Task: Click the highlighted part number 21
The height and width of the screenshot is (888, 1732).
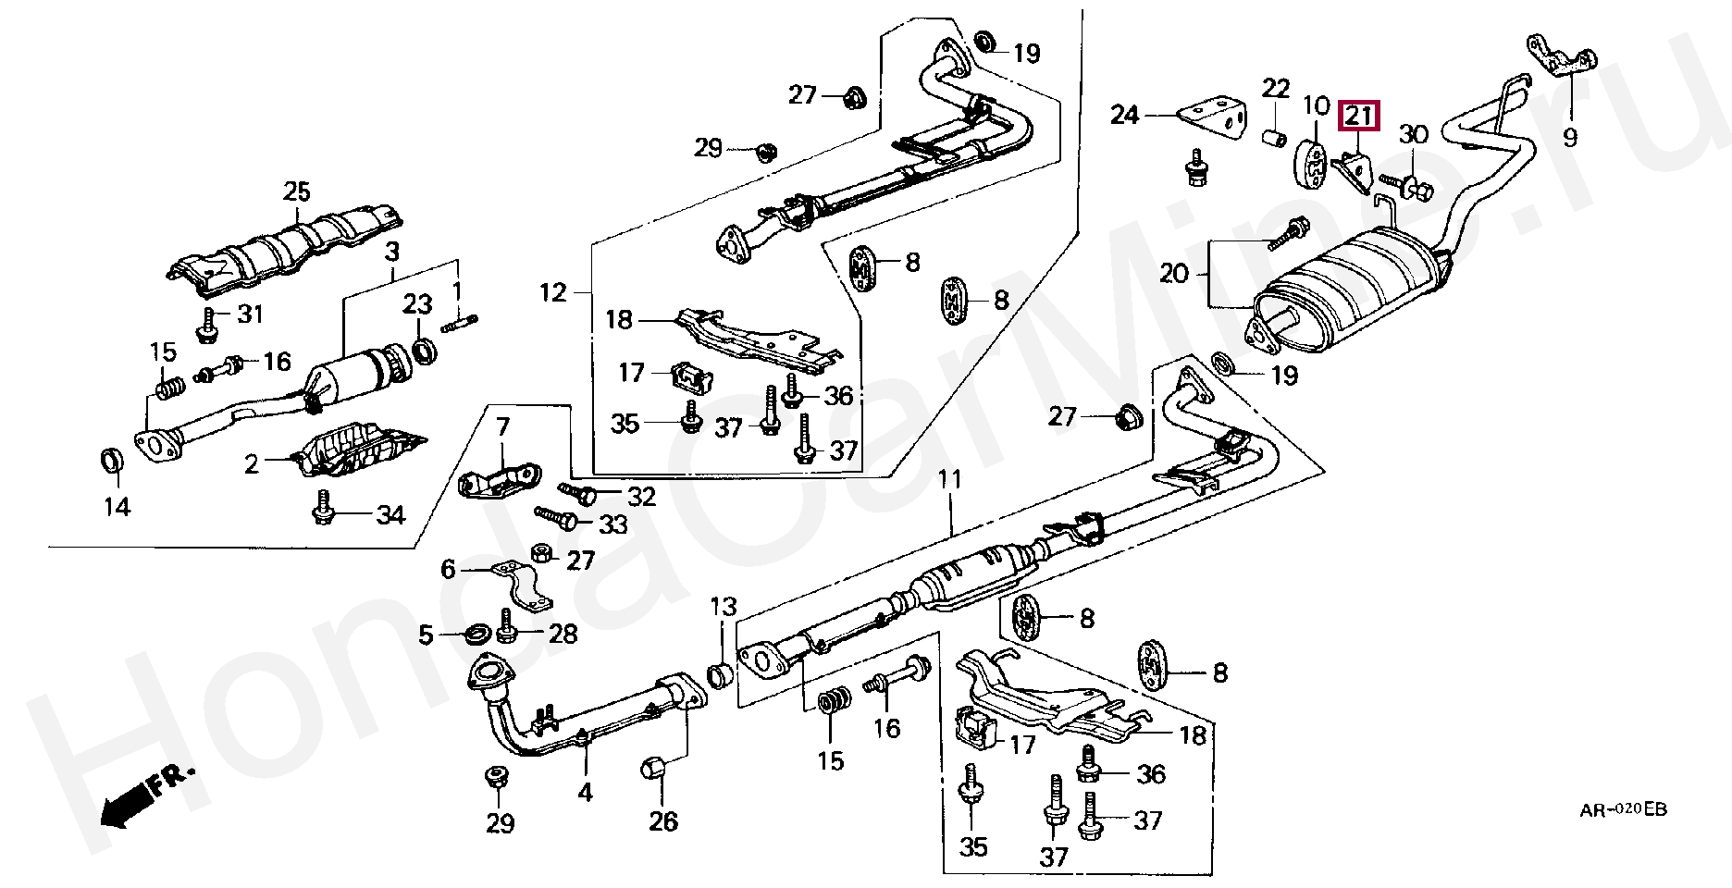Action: pyautogui.click(x=1359, y=116)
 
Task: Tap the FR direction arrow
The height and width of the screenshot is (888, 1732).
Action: pyautogui.click(x=147, y=795)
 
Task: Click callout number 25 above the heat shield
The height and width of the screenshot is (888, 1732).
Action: pyautogui.click(x=297, y=191)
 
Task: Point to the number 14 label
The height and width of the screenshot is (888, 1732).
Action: pyautogui.click(x=117, y=506)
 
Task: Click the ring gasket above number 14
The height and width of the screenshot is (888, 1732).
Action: pyautogui.click(x=111, y=459)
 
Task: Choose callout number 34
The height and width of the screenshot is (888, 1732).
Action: pyautogui.click(x=390, y=515)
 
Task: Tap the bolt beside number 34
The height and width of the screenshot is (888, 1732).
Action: pyautogui.click(x=324, y=509)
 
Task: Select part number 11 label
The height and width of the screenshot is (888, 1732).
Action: pyautogui.click(x=950, y=479)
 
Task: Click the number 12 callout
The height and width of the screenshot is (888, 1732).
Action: pyautogui.click(x=553, y=293)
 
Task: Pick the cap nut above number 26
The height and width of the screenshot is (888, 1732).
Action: pyautogui.click(x=654, y=768)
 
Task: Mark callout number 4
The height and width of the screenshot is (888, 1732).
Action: pyautogui.click(x=585, y=792)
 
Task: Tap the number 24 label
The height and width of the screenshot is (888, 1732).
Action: pyautogui.click(x=1125, y=116)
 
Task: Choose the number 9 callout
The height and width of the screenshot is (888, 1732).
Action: pyautogui.click(x=1570, y=138)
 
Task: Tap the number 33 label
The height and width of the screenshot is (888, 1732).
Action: pyautogui.click(x=612, y=525)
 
